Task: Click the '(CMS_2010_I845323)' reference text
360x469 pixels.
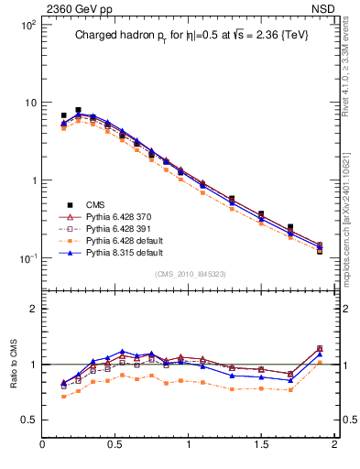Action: pos(188,274)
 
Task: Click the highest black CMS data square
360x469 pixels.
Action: pos(78,110)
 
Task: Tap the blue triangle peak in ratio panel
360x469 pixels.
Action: pos(122,351)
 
